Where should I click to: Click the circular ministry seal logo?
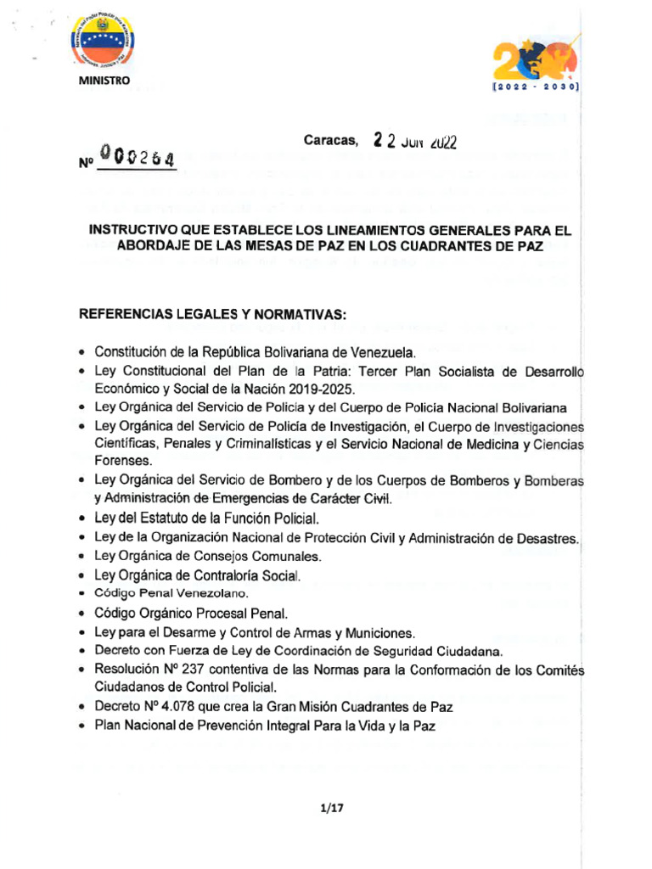coord(105,44)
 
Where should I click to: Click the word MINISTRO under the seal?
coord(105,81)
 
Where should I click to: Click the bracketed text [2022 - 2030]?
coord(536,87)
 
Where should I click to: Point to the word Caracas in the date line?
coord(331,140)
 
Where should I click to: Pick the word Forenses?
coord(123,461)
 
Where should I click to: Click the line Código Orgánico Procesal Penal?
coord(191,612)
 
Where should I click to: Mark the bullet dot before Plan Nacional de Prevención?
coord(81,726)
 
